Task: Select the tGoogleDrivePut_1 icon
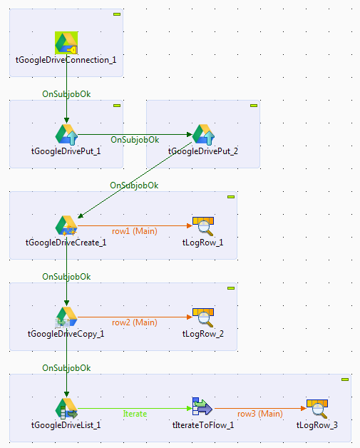(66, 133)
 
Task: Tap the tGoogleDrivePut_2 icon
(203, 133)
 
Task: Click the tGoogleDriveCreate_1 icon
(66, 225)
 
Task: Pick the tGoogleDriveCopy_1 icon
(66, 317)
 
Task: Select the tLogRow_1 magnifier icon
(203, 225)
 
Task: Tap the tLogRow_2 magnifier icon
(203, 317)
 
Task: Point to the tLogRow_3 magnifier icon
(317, 409)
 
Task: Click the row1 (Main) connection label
(134, 230)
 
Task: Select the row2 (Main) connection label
(134, 322)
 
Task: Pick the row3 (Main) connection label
(259, 414)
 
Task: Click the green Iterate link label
(135, 414)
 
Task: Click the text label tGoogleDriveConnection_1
(66, 59)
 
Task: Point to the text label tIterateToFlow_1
(203, 425)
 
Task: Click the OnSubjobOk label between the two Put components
(135, 139)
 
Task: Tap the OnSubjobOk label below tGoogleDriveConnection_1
(66, 93)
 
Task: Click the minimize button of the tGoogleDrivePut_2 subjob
(253, 106)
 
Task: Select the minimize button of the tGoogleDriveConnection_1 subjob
(116, 14)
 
